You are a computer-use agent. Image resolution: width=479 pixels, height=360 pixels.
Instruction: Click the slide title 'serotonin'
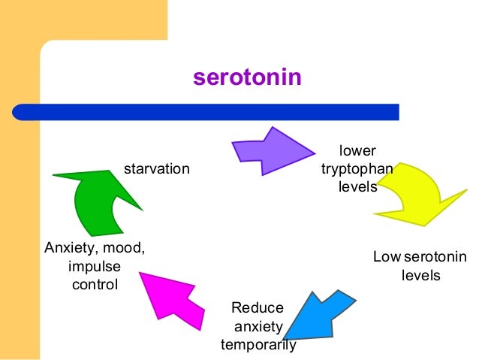click(248, 77)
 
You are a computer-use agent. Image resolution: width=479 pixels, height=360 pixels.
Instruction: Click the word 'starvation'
click(156, 168)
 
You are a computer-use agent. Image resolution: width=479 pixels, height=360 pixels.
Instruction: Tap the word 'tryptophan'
click(357, 168)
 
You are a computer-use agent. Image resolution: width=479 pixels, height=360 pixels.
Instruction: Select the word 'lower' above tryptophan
click(357, 150)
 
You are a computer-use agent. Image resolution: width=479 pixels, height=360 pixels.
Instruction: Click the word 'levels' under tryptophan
click(357, 186)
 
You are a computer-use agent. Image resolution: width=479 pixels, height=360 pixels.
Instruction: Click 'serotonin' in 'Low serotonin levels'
click(434, 257)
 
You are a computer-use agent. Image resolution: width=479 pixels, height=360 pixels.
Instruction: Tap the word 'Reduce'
click(258, 307)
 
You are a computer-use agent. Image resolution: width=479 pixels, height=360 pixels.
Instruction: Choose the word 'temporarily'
click(258, 345)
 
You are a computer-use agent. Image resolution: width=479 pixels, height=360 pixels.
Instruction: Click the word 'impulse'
click(94, 267)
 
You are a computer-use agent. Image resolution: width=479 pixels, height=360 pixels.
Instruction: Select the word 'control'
click(94, 285)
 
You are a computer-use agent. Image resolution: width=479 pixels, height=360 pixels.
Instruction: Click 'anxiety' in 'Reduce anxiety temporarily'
click(258, 327)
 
